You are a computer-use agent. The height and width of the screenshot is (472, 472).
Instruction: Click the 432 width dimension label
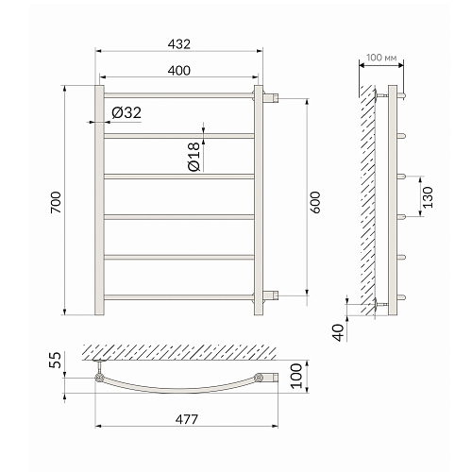(x=179, y=44)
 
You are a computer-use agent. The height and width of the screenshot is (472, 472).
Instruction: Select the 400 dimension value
(x=179, y=71)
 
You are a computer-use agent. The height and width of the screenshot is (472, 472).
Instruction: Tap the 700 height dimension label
(x=56, y=202)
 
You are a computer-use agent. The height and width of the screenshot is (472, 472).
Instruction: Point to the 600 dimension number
(x=314, y=202)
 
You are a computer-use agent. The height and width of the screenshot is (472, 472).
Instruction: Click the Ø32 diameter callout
(x=126, y=112)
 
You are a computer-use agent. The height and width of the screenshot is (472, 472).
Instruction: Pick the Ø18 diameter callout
(x=194, y=157)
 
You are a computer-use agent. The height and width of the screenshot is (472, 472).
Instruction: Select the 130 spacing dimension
(x=428, y=197)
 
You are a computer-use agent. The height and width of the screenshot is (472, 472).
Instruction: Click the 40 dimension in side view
(x=339, y=332)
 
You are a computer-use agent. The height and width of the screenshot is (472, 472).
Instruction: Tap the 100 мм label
(x=381, y=58)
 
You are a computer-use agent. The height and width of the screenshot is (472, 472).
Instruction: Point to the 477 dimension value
(x=187, y=419)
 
